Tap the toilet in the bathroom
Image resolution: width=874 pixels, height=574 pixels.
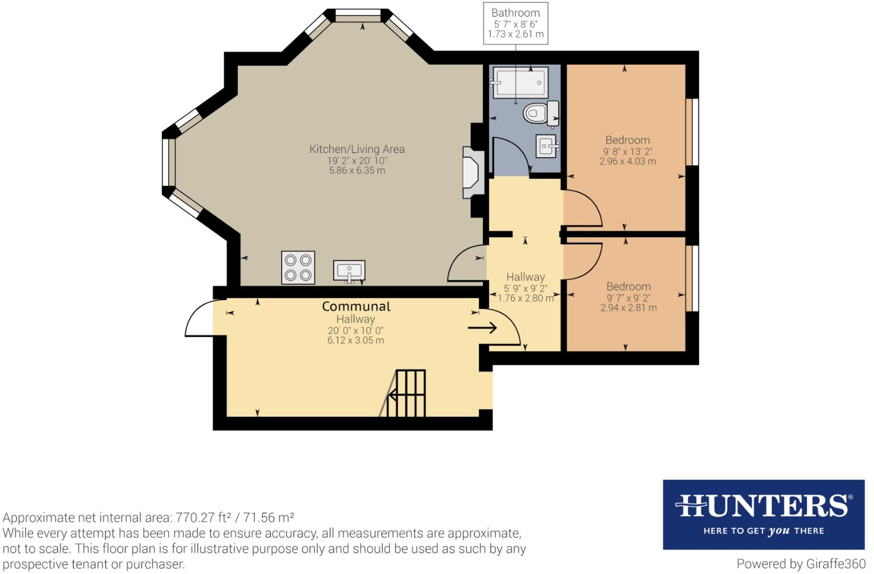(x=541, y=113)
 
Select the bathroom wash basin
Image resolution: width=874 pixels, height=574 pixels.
(x=547, y=146)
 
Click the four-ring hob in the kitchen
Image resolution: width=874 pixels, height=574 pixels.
(x=298, y=267)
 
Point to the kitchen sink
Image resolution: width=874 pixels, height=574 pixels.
(x=349, y=270)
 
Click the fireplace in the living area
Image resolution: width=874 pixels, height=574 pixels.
(x=473, y=173)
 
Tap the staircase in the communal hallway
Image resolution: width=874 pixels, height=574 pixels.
(x=403, y=393)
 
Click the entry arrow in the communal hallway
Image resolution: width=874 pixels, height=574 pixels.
(x=482, y=327)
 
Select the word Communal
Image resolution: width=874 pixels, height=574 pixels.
(x=356, y=307)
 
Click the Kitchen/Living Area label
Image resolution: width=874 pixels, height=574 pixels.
(x=357, y=149)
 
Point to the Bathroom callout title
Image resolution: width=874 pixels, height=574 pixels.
(x=516, y=13)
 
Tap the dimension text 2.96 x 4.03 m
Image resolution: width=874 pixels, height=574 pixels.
(x=628, y=161)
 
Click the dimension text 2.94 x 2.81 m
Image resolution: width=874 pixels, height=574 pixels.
(x=628, y=308)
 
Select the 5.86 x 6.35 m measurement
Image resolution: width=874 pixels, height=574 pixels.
(x=357, y=170)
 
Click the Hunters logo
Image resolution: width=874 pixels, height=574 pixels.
(x=764, y=515)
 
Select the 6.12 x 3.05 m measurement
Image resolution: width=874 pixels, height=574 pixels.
(x=356, y=340)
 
